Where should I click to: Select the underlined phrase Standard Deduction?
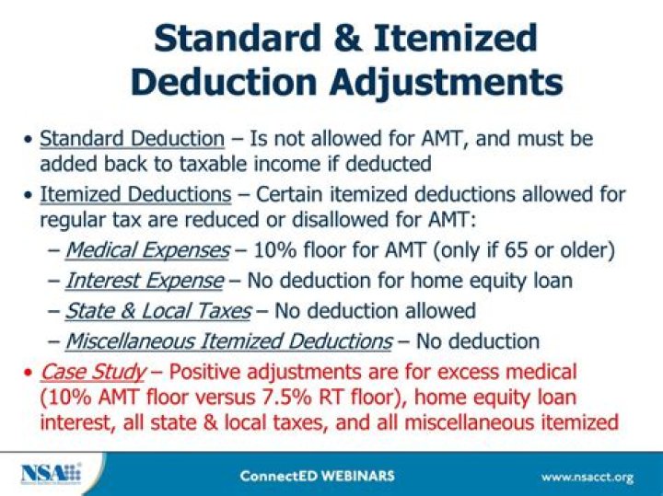click(132, 139)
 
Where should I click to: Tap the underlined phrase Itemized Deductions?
click(135, 195)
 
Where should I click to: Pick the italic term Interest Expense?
click(145, 281)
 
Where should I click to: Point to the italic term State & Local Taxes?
click(158, 311)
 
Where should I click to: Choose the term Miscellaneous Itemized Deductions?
click(228, 341)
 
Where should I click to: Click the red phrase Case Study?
click(92, 372)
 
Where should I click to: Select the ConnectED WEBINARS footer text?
click(317, 476)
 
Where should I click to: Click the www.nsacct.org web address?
click(587, 476)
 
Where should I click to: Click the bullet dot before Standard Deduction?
click(29, 140)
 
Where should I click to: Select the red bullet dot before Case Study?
click(29, 373)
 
